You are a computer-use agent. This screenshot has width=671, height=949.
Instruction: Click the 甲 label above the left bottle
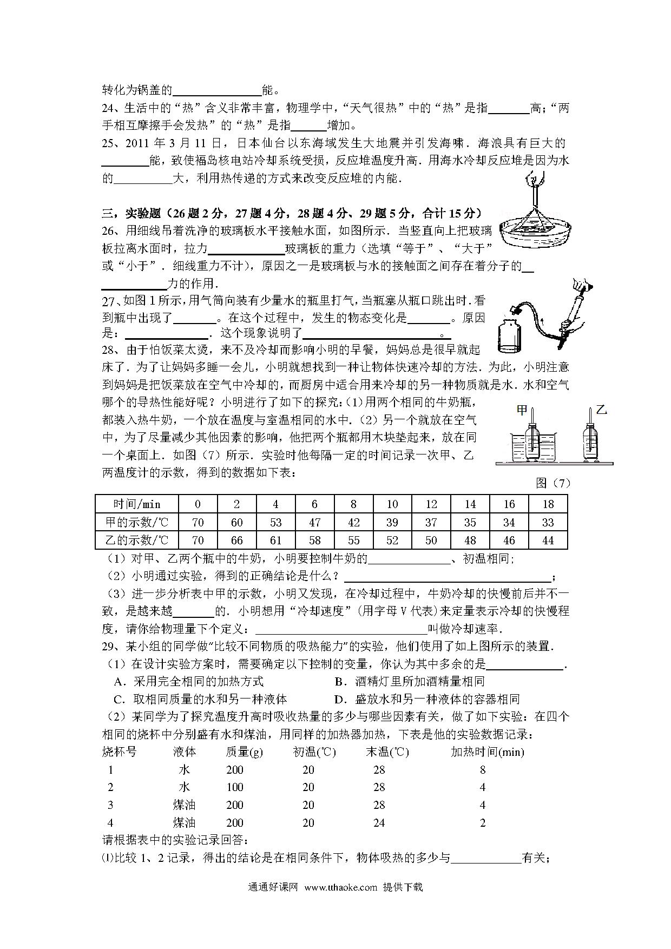click(x=522, y=410)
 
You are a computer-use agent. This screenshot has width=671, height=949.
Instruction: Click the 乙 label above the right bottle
click(x=601, y=410)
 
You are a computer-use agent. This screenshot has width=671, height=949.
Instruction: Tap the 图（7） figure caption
click(x=553, y=483)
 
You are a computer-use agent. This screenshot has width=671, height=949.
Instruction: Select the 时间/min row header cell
click(x=136, y=504)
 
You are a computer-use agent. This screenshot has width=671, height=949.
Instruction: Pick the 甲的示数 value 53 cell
click(x=275, y=522)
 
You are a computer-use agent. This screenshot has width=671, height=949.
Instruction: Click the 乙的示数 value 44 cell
click(x=548, y=540)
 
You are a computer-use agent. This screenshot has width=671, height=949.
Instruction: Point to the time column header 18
click(x=548, y=504)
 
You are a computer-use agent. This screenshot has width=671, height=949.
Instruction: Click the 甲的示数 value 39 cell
click(x=392, y=522)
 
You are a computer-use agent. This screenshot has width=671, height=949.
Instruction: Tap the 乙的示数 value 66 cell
click(x=236, y=540)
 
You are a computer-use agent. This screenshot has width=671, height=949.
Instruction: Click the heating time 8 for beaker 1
click(x=483, y=769)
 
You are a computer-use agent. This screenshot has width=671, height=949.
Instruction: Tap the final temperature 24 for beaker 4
click(x=379, y=823)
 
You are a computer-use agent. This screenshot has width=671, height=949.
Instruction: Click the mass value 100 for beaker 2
click(x=235, y=787)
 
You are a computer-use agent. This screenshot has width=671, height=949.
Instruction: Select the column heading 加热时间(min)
click(x=487, y=752)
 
